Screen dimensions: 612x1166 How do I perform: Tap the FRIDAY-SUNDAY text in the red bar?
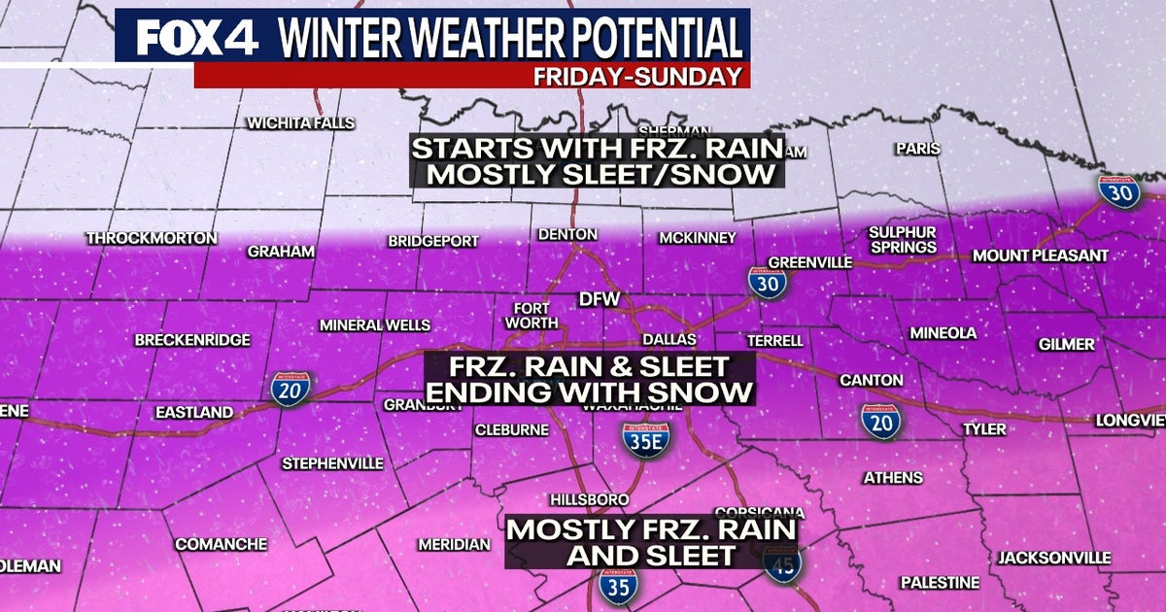click(637, 76)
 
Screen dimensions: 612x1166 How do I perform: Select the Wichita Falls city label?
click(300, 123)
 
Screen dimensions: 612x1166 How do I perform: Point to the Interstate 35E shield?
click(646, 439)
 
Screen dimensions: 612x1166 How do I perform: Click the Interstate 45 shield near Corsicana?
click(781, 563)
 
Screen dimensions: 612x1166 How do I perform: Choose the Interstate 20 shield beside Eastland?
click(291, 391)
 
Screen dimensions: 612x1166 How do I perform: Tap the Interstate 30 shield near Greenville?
click(767, 283)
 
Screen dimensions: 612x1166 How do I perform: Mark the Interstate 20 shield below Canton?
click(880, 421)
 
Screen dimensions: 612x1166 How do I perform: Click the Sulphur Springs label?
click(903, 240)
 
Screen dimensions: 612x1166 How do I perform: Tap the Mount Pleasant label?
click(1041, 255)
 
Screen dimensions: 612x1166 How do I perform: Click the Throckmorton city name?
click(152, 238)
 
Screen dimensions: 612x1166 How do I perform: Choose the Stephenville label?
click(332, 463)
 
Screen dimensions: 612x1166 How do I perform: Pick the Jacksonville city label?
click(1053, 558)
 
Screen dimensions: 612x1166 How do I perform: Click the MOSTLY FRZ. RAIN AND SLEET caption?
click(652, 542)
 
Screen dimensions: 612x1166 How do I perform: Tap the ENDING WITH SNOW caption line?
click(590, 392)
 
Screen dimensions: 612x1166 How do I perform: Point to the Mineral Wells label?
click(374, 325)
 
